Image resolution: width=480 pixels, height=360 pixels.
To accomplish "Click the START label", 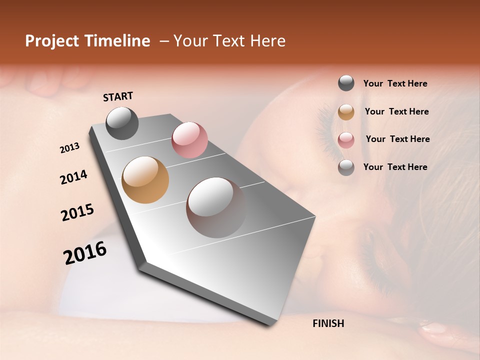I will coord(118,96).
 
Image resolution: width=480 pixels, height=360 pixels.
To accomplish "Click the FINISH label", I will coord(328,323).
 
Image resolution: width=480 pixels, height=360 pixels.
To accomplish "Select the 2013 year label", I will coord(70,148).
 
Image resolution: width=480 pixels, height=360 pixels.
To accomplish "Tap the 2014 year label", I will coord(73,177).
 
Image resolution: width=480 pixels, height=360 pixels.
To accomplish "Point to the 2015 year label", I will coord(77,212).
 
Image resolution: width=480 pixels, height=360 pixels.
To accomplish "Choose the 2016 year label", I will coord(85,253).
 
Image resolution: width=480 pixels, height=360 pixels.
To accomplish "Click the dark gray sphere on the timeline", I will coord(122,123).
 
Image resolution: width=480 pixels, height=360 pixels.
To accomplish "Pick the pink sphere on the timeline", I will coord(189,139).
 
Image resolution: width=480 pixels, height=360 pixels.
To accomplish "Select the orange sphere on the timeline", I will coord(145,180).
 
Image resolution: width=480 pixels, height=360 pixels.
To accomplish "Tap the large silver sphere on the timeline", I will coord(216,207).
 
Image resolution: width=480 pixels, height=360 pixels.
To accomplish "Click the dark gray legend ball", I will coord(346,83).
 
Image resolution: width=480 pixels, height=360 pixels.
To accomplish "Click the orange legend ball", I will coord(346,112).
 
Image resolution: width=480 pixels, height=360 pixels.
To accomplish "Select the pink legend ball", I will coord(346,140).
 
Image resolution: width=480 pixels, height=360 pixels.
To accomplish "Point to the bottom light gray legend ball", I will coord(346,167).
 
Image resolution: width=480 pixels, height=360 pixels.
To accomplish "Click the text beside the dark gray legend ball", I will coord(395,83).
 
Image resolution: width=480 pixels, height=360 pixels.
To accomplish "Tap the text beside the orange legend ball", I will coord(396,111).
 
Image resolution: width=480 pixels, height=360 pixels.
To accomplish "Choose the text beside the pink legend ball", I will coord(397,139).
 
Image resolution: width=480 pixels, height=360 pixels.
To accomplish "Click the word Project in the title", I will coord(51,41).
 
